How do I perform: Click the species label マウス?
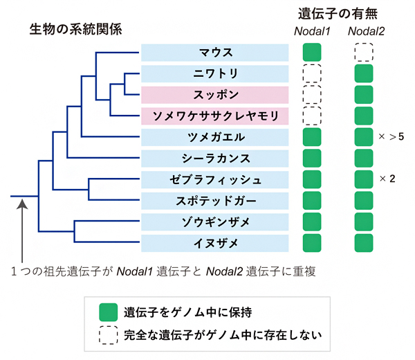point(214,52)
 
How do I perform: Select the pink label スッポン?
point(214,94)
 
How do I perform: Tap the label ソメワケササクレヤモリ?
point(214,115)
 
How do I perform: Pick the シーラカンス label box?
point(214,158)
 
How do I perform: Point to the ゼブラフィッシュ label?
point(214,179)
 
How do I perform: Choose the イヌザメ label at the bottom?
point(214,243)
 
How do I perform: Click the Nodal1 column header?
point(312,30)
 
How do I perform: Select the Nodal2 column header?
point(364,30)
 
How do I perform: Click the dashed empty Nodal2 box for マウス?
point(364,53)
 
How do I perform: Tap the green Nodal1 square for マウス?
point(312,53)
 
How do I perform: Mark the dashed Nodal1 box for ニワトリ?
point(312,73)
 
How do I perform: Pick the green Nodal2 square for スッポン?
point(364,95)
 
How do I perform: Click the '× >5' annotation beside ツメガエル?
point(391,137)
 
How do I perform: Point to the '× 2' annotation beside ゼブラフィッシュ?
point(387,179)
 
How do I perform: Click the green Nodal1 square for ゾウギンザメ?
point(312,222)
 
